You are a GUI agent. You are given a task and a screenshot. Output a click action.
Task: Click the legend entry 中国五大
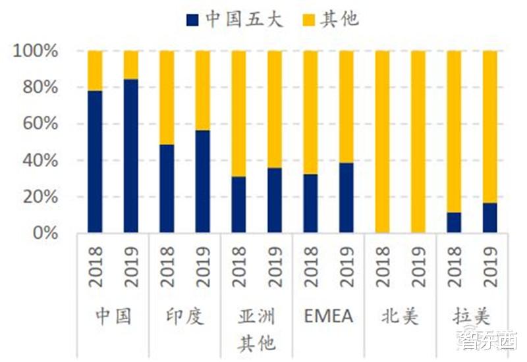click(x=235, y=19)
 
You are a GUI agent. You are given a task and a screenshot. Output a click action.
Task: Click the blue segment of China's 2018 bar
click(x=96, y=162)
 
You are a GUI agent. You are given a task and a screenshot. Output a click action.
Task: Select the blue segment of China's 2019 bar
click(x=131, y=156)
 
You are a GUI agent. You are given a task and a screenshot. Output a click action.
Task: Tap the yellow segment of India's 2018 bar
click(x=167, y=97)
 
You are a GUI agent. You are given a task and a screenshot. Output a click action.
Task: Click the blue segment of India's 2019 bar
click(x=203, y=182)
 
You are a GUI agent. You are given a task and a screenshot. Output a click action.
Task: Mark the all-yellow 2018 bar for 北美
click(x=382, y=142)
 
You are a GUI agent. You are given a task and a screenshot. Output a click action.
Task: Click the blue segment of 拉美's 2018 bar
click(x=454, y=222)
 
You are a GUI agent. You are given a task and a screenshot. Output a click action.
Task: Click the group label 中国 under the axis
click(x=113, y=316)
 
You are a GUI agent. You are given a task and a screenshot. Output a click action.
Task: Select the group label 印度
click(x=185, y=316)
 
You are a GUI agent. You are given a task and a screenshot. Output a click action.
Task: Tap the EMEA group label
click(x=329, y=316)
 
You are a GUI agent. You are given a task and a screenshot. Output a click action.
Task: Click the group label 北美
click(x=400, y=316)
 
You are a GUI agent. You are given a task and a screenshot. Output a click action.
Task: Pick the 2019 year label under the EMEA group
click(x=347, y=267)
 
